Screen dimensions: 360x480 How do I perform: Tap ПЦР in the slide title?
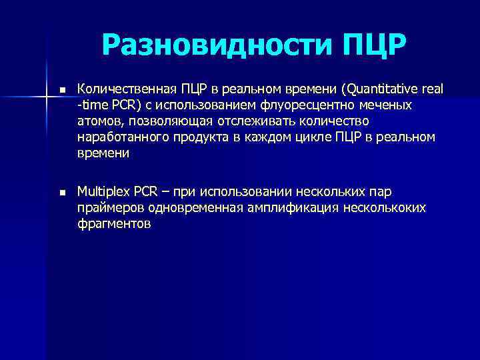coord(374,45)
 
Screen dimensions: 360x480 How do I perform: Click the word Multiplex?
coord(103,192)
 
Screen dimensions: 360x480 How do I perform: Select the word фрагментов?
coord(114,224)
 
